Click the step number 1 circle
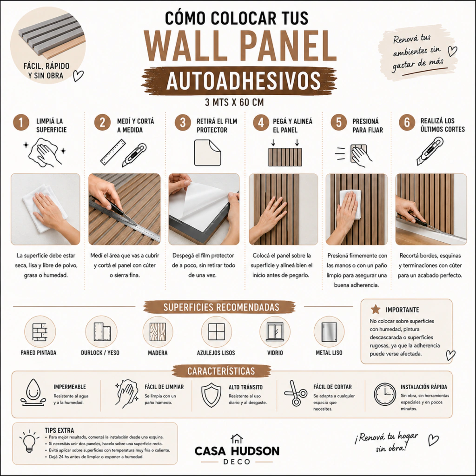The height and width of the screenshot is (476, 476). tap(21, 123)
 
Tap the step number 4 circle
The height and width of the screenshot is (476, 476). tap(261, 123)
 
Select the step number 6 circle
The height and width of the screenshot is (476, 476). tap(407, 123)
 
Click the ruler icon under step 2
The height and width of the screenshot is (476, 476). tap(113, 152)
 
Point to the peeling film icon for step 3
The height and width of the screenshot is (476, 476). tap(208, 152)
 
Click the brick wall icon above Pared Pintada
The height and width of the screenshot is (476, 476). tap(40, 332)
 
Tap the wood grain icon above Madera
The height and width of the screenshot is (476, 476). tap(158, 332)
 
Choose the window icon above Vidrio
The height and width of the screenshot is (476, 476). tap(275, 332)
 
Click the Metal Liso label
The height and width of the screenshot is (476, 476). tap(329, 353)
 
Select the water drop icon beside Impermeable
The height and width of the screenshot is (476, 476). tap(33, 392)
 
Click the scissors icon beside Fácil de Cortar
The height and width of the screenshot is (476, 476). tap(295, 393)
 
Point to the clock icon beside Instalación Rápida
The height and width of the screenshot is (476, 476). tap(384, 394)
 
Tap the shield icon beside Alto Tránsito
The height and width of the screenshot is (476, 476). tap(212, 395)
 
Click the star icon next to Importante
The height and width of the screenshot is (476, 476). tap(376, 309)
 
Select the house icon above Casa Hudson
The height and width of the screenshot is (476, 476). tap(237, 439)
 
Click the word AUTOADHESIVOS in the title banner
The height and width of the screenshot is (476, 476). tap(243, 81)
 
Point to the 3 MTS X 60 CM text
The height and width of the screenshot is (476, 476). tap(234, 102)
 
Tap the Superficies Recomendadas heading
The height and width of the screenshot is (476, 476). tap(221, 307)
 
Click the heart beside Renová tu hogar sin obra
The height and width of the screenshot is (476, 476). tap(433, 440)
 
